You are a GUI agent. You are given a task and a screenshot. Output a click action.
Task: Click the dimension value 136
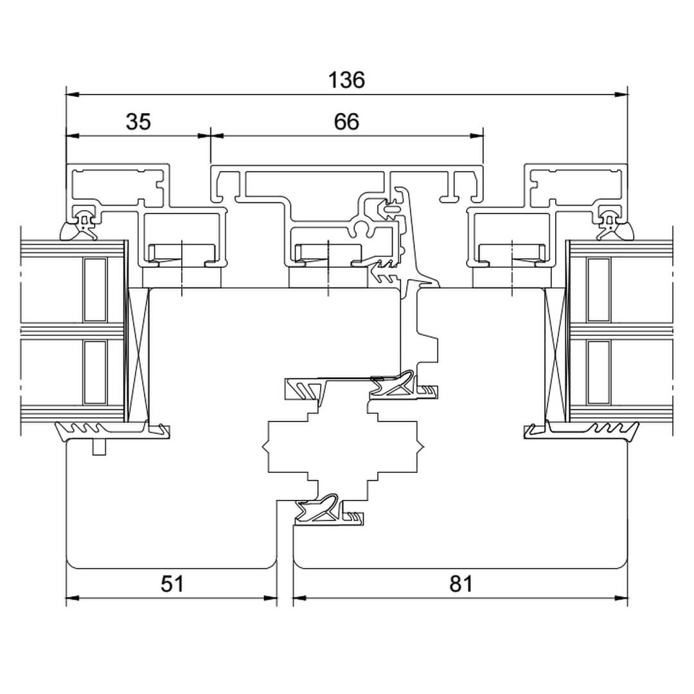tap(346, 80)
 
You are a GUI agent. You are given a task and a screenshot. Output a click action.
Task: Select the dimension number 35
tap(138, 121)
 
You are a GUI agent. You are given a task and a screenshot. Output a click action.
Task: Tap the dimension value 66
tap(346, 121)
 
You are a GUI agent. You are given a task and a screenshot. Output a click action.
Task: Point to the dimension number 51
tap(172, 584)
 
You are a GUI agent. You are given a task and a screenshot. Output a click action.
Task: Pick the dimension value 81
tap(461, 584)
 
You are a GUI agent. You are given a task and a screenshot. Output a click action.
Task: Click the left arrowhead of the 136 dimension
tap(72, 94)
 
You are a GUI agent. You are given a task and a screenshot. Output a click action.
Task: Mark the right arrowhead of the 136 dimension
tap(621, 94)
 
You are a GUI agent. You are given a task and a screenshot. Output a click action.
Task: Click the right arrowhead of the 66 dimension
tap(477, 136)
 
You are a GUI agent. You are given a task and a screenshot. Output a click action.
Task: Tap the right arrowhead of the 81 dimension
tap(621, 598)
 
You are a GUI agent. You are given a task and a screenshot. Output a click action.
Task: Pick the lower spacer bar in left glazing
tap(94, 373)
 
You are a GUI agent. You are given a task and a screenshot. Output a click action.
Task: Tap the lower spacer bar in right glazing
tap(598, 373)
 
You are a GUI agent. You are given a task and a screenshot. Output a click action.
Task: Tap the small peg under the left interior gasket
tap(98, 447)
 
